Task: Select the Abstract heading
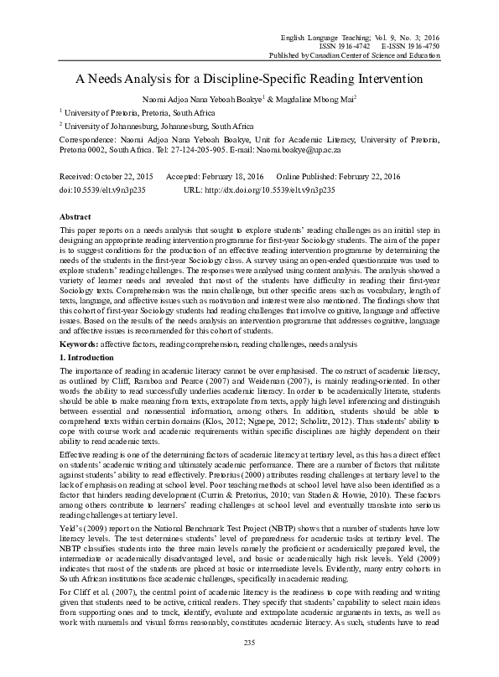click(x=75, y=215)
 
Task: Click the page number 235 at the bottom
click(x=249, y=665)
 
